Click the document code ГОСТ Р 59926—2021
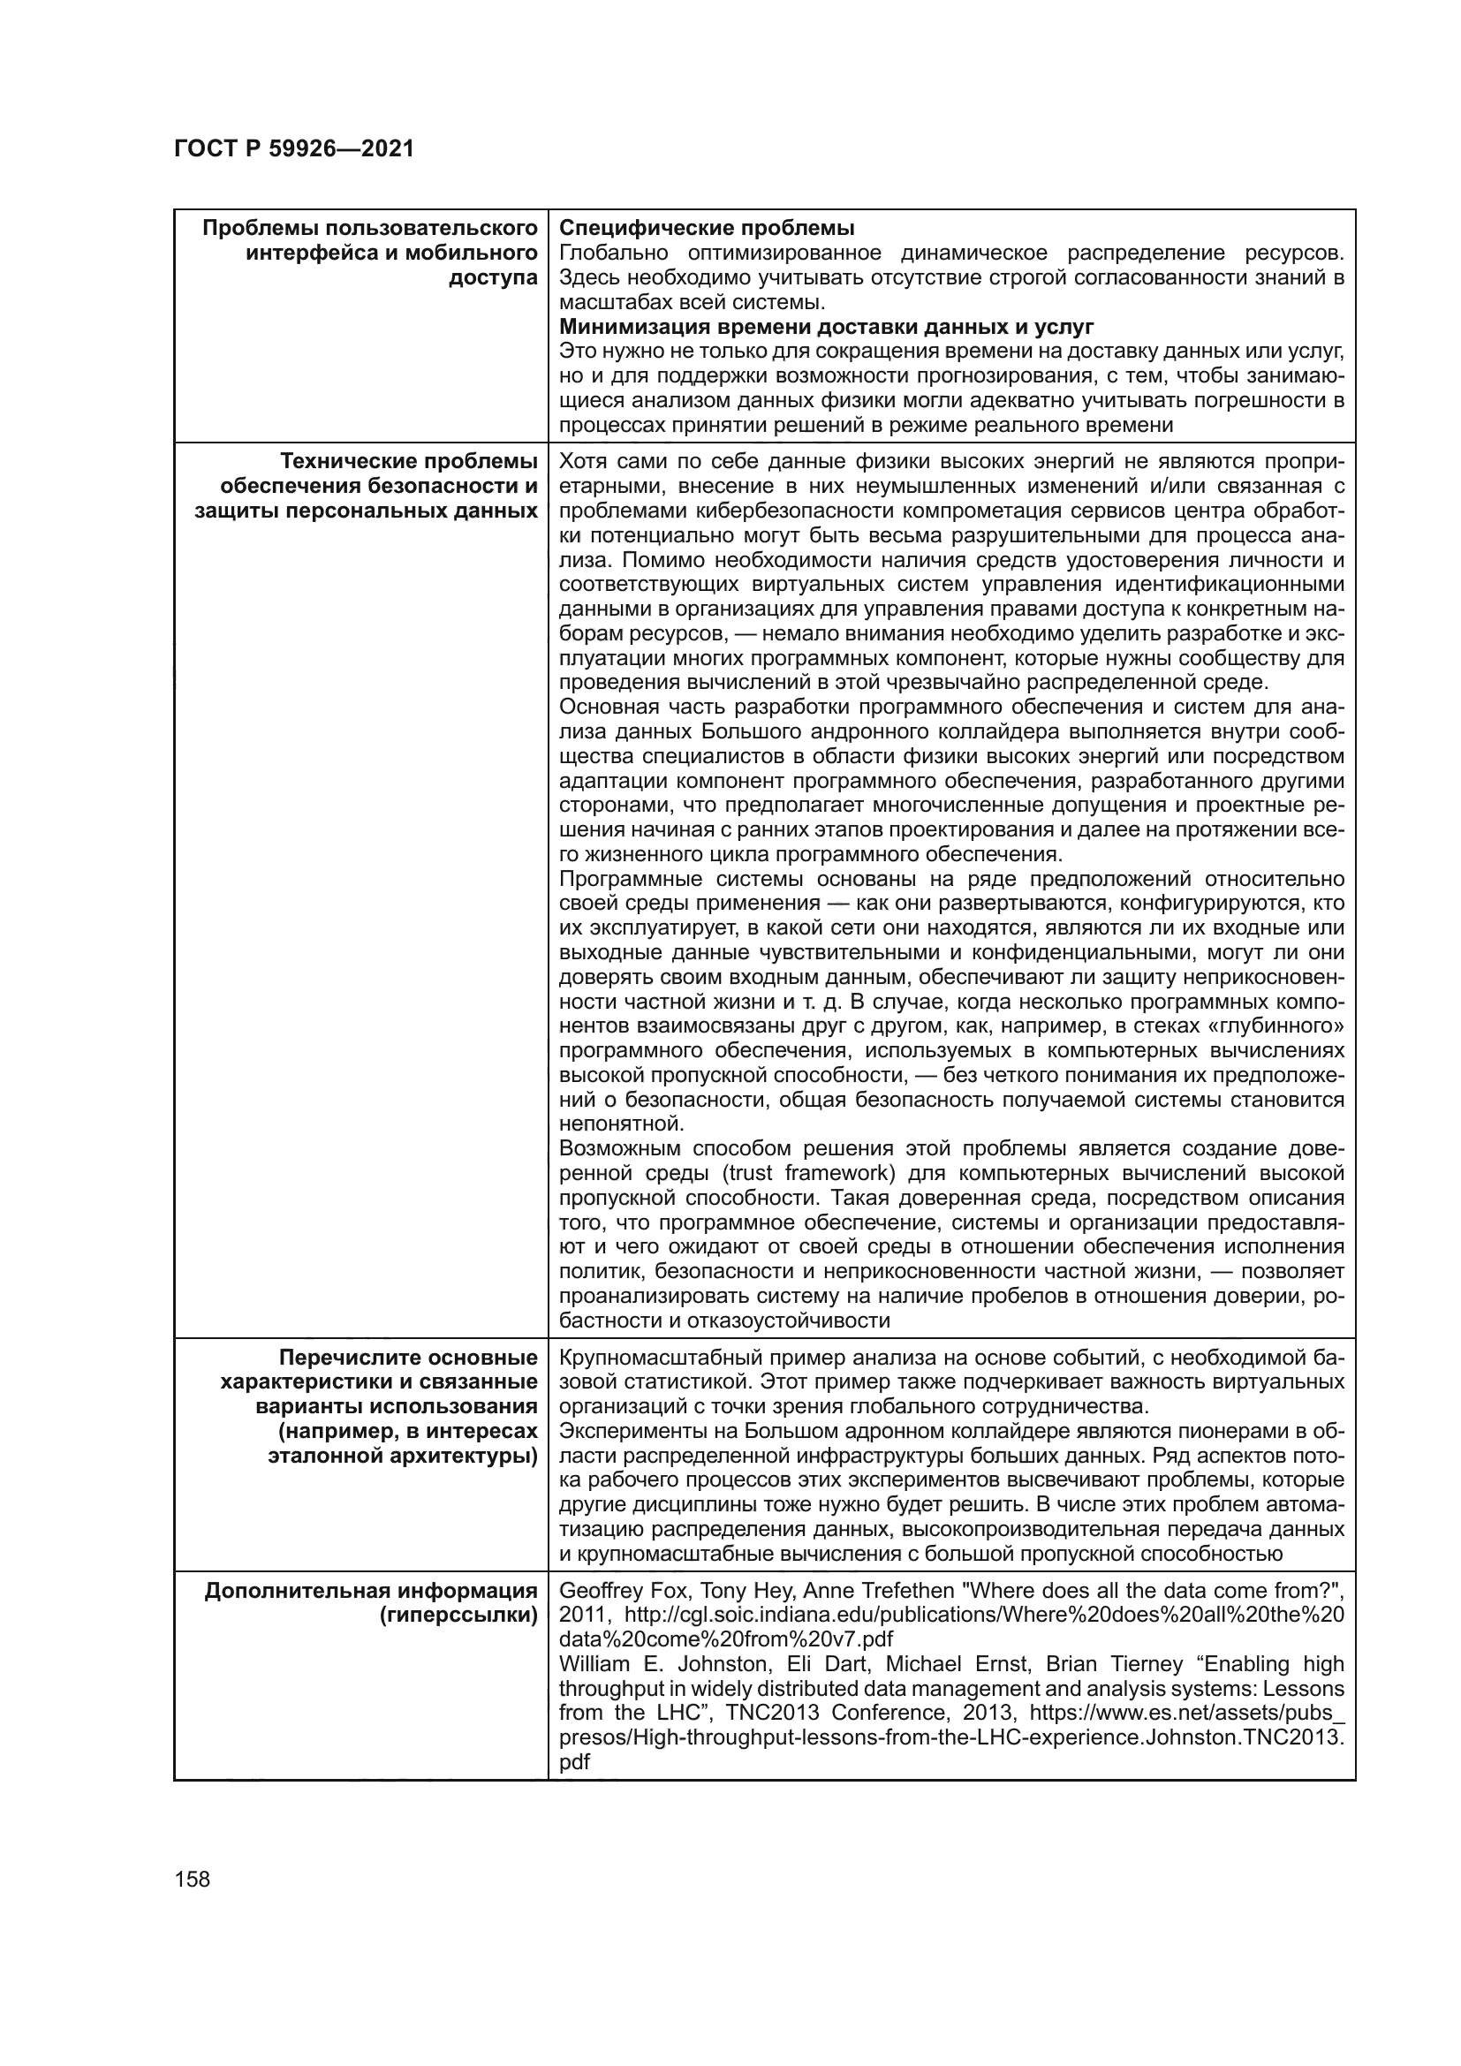click(293, 148)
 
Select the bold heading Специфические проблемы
click(707, 228)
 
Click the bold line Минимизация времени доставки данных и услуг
click(826, 327)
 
